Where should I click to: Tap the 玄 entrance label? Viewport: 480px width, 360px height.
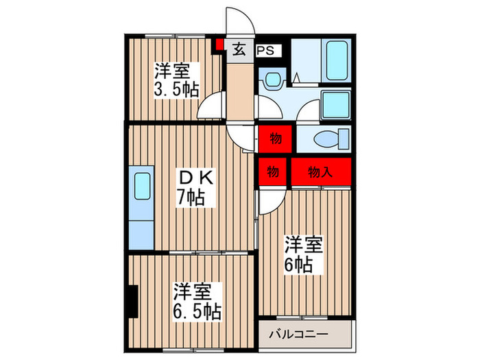[239, 49]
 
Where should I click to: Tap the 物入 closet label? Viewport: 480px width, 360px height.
[320, 173]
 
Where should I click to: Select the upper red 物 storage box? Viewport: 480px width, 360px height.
[275, 139]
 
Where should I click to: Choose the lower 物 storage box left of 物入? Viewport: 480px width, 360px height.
[272, 173]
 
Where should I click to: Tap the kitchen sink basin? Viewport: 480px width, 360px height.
[142, 187]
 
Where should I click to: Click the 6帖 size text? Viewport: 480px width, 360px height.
[301, 264]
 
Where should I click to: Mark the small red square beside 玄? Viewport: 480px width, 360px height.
[219, 46]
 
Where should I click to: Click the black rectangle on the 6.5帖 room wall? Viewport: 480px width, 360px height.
[131, 300]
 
